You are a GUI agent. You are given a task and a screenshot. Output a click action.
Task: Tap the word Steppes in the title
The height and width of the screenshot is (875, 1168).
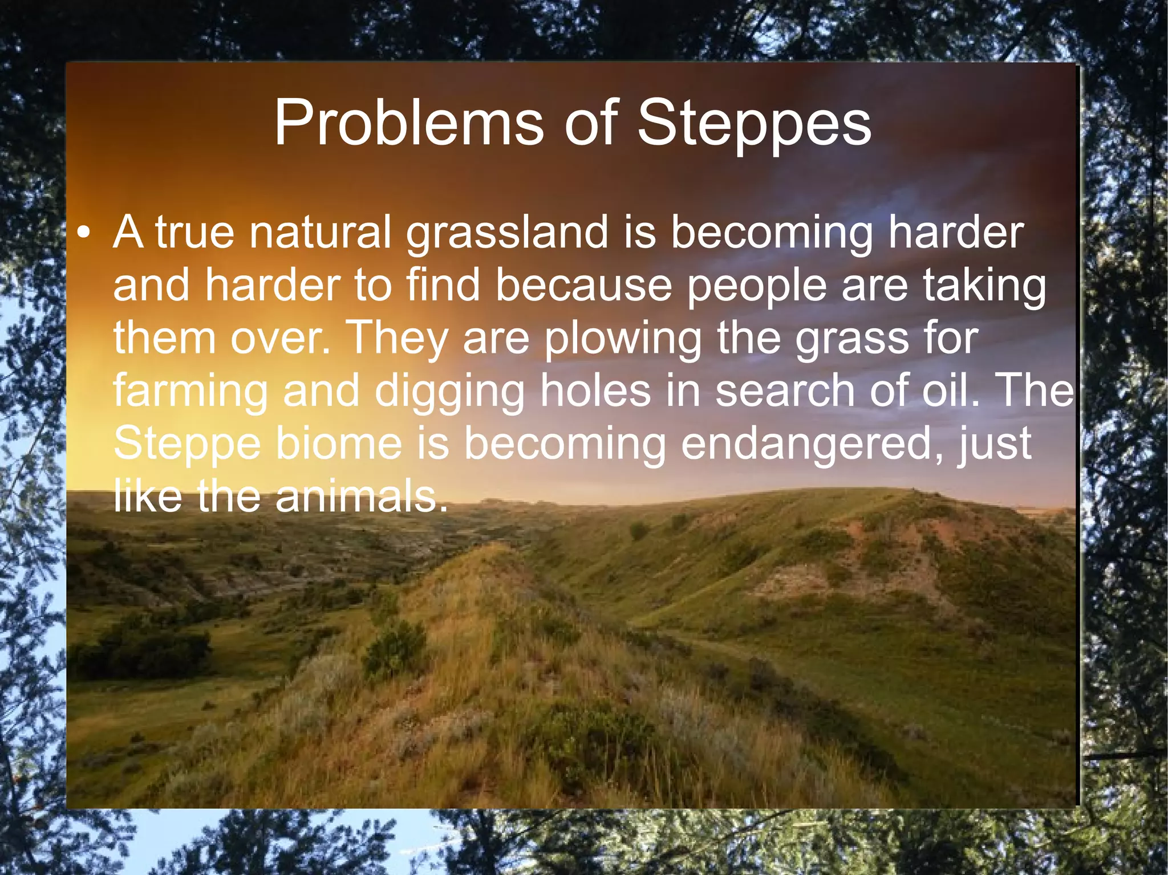753,123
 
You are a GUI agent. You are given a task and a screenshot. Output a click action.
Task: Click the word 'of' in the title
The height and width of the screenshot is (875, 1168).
591,123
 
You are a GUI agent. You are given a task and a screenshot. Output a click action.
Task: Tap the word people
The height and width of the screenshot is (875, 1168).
757,286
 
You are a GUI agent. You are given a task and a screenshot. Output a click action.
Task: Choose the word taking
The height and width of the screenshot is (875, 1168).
985,286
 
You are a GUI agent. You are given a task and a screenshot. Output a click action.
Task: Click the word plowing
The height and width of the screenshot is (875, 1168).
623,339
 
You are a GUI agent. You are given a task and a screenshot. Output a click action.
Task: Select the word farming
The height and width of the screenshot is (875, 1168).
190,392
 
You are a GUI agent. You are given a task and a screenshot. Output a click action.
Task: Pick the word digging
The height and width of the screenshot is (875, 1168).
450,392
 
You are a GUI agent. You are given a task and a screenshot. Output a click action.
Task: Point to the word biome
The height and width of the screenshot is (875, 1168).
339,443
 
